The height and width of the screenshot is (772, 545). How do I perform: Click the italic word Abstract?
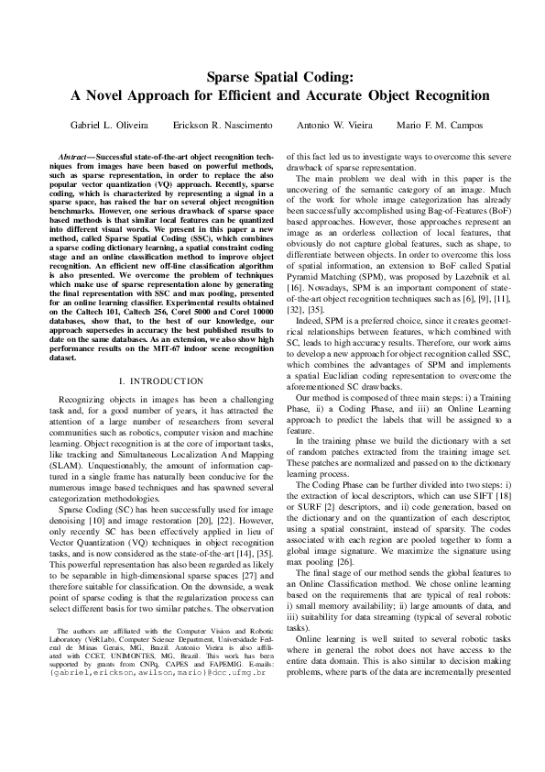(x=74, y=159)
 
